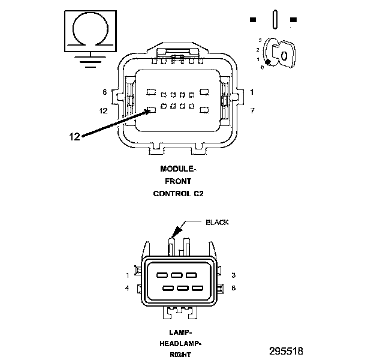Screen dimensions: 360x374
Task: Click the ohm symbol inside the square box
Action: [x=91, y=28]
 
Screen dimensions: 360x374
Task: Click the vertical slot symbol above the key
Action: [x=274, y=19]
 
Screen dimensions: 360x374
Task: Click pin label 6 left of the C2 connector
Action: [x=104, y=92]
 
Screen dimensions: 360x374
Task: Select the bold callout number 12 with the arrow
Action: [x=74, y=136]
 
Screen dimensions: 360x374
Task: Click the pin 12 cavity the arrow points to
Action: [x=152, y=110]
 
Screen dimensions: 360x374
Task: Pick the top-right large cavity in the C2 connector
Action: [x=204, y=91]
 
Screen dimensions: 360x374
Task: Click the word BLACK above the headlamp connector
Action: [x=217, y=222]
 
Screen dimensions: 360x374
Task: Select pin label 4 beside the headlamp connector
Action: [x=128, y=288]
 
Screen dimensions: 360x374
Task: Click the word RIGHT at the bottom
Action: [x=179, y=354]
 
